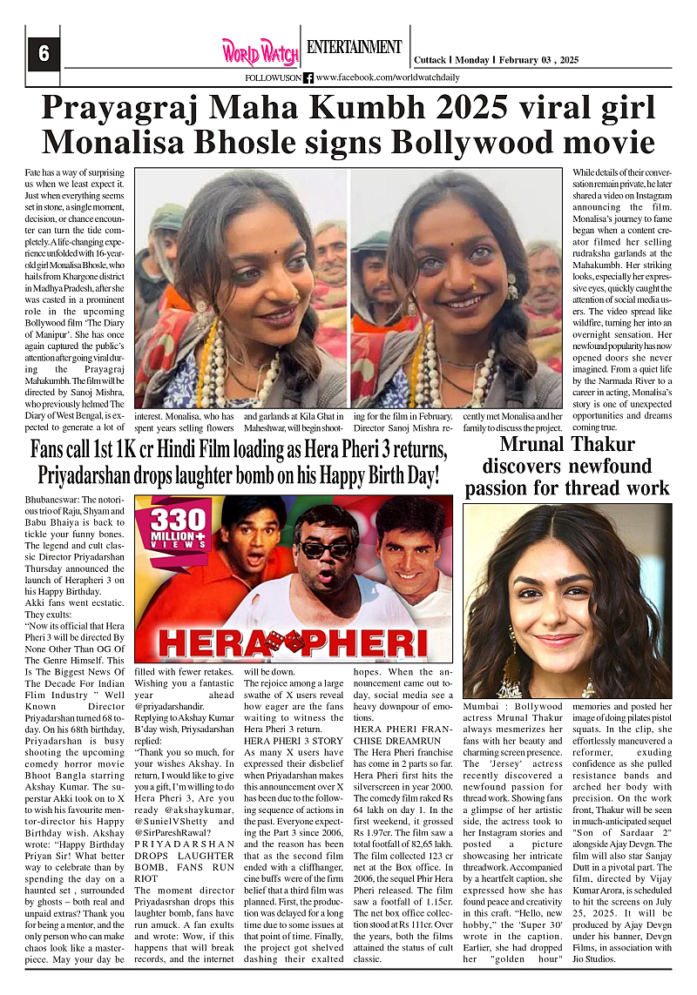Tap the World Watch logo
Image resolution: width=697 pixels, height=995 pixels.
(x=260, y=51)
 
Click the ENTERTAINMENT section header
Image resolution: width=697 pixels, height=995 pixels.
(x=354, y=47)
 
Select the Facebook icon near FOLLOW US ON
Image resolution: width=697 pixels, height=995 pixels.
(x=308, y=77)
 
